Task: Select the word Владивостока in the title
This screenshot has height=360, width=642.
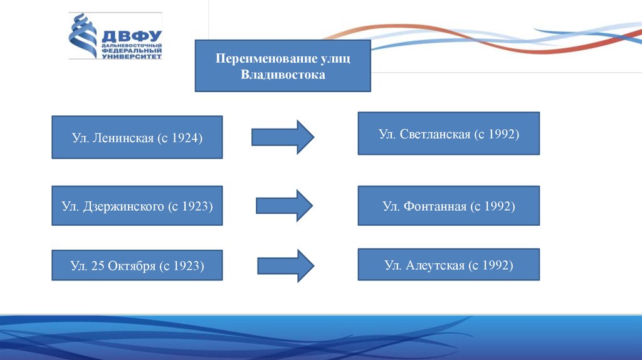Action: tap(283, 75)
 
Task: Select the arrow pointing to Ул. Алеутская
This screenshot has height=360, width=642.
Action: tap(285, 265)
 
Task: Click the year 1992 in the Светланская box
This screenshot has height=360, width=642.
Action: tap(500, 134)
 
